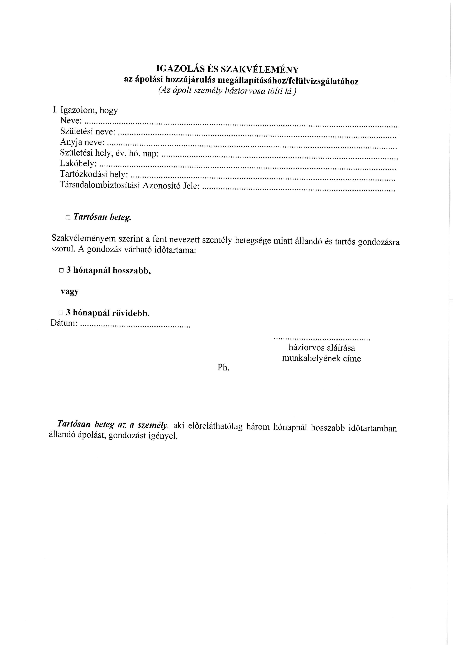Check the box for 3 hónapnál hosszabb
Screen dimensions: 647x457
pos(61,270)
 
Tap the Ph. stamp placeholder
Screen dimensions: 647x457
pos(224,368)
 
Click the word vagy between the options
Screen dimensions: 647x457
pos(69,291)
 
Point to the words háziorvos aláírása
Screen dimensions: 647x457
pos(322,348)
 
